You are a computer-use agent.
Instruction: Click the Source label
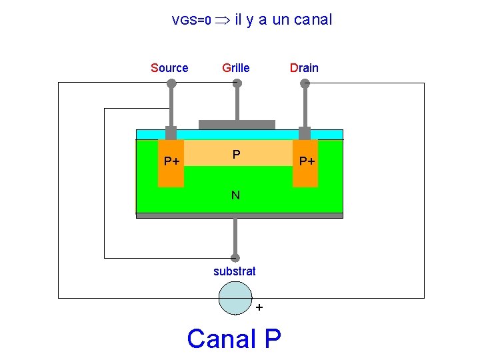tap(169, 67)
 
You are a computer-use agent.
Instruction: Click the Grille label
tap(236, 67)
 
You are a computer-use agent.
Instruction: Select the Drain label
tap(303, 67)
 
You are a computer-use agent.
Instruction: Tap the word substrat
tap(234, 271)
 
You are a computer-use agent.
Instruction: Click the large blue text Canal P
tap(234, 339)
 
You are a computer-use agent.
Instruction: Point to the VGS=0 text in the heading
tap(191, 21)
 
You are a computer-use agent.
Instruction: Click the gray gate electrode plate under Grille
tap(237, 125)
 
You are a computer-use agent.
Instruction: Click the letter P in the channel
tap(237, 155)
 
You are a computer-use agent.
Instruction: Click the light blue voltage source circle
tap(235, 297)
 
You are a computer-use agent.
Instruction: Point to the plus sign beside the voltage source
tap(259, 307)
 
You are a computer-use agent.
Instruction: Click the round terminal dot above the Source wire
tap(171, 84)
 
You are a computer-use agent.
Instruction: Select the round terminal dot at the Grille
tap(236, 84)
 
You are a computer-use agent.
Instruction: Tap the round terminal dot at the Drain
tap(305, 84)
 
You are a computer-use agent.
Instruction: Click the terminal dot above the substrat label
tap(235, 257)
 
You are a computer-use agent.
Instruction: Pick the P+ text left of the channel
tap(173, 161)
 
